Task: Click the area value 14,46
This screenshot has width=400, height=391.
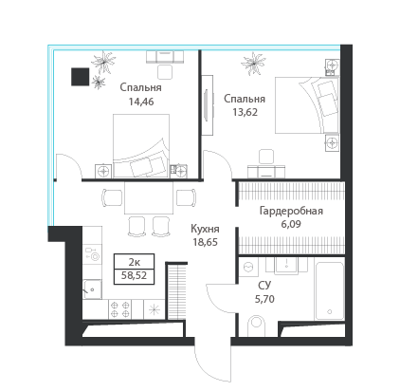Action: point(141,102)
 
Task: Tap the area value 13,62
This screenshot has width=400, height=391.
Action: point(245,112)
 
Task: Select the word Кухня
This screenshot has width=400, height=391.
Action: point(205,229)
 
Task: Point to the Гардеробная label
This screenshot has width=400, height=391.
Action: point(291,211)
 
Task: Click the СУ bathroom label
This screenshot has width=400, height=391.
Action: point(264,286)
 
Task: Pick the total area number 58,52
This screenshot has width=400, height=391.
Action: point(135,275)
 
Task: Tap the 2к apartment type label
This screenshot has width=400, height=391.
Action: point(135,262)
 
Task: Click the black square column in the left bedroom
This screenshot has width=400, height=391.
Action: point(80,77)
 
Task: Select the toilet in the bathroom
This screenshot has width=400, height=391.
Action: point(256,326)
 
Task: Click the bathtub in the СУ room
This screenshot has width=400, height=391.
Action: point(330,290)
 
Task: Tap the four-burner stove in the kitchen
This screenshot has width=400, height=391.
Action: point(120,309)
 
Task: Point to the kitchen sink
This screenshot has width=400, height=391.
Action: point(92,289)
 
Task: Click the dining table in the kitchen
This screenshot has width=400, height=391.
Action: point(149,197)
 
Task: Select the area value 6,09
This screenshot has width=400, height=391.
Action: point(291,224)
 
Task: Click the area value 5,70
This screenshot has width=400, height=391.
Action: point(264,299)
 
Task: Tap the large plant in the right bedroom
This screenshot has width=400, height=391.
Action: point(253,64)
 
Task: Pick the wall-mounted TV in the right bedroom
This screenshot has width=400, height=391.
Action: point(206,105)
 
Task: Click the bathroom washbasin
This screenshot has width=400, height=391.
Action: point(286,265)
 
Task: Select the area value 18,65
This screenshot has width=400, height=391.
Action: point(205,242)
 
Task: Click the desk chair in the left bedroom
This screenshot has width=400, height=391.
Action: point(165,72)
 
